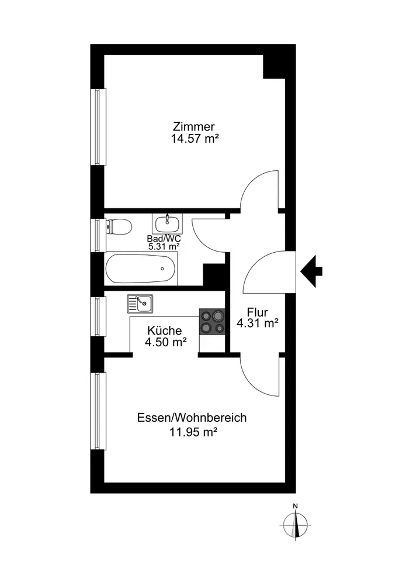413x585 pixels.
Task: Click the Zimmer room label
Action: pos(194,126)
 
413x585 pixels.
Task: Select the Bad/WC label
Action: pos(163,239)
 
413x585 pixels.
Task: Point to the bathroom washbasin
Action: pos(168,222)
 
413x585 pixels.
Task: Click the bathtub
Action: pos(140,269)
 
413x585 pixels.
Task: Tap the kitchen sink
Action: pos(140,303)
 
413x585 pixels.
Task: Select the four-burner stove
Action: pos(212,321)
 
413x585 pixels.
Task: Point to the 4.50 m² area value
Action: pos(166,343)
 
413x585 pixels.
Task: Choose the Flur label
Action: pos(257,312)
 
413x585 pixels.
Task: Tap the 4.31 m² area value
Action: pos(257,323)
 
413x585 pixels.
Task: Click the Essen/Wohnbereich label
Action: pos(192,418)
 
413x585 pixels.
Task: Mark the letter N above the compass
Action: pos(296,507)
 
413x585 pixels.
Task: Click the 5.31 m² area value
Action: pos(164,246)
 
